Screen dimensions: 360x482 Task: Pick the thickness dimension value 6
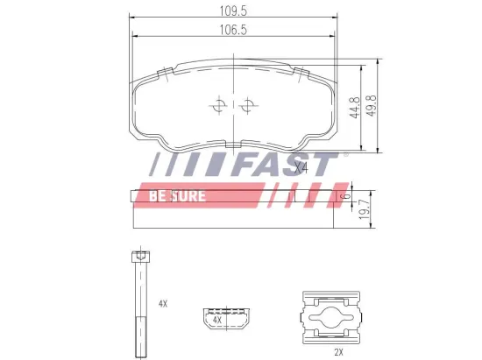click(x=348, y=199)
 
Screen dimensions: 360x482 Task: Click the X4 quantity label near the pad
click(x=301, y=166)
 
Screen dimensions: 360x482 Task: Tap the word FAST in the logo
click(x=288, y=165)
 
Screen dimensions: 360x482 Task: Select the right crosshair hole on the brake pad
click(x=248, y=107)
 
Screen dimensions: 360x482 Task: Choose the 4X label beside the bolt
click(x=163, y=303)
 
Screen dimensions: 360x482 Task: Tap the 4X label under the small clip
click(x=216, y=321)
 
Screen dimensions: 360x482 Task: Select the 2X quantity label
click(x=337, y=351)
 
